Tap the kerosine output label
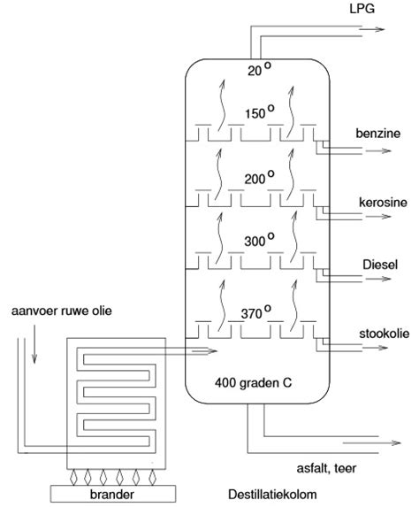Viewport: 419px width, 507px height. (x=382, y=202)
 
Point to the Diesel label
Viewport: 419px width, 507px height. (x=380, y=265)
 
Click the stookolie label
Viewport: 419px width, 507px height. (x=383, y=333)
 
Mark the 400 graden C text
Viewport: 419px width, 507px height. (x=255, y=383)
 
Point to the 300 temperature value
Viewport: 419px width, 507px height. (x=255, y=241)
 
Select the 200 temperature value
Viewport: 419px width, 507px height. (x=255, y=178)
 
